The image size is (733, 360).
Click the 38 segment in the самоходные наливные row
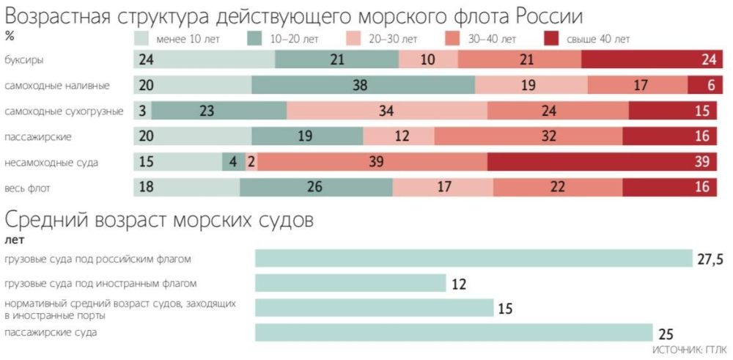coord(363,85)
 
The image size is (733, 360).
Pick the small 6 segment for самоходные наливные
coord(700,85)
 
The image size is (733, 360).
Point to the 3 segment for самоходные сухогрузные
coord(142,111)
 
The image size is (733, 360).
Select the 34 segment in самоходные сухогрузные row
coord(387,111)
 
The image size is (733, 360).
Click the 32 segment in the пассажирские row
coord(528,136)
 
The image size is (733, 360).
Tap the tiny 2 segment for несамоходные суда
coord(251,162)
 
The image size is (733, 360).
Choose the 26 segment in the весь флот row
coord(316,187)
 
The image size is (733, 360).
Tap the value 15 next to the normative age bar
coord(505,308)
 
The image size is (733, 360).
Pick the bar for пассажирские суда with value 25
coord(454,332)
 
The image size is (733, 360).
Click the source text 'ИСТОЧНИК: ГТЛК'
coord(688,350)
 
